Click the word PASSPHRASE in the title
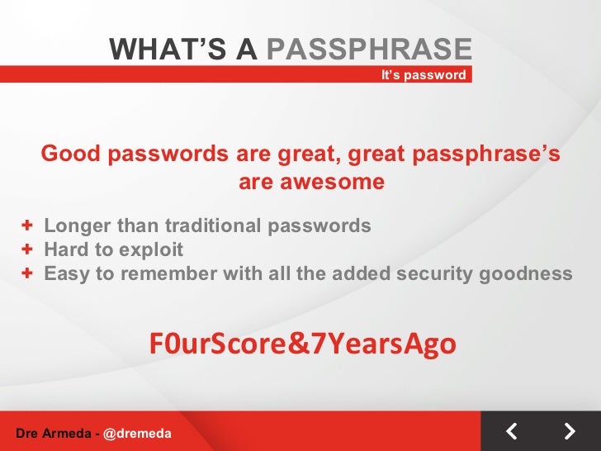point(370,50)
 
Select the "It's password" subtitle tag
point(424,75)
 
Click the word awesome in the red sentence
point(311,182)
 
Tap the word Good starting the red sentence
point(69,154)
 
